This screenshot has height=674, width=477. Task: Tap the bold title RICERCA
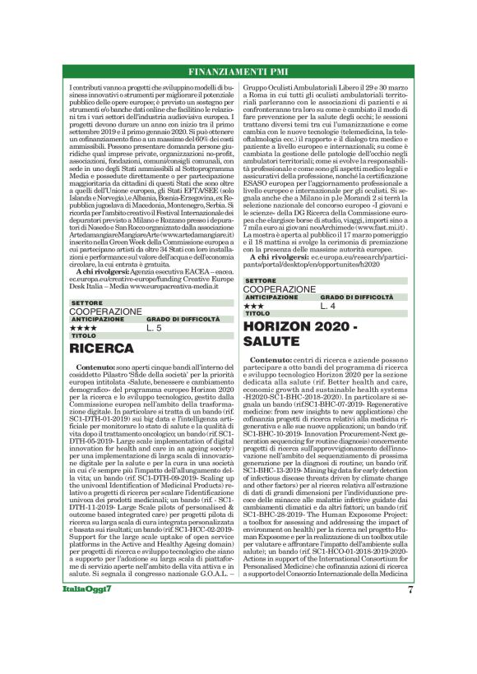(x=102, y=347)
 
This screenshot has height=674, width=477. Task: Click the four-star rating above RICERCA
(x=83, y=327)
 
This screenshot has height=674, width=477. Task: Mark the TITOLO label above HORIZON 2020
(x=257, y=313)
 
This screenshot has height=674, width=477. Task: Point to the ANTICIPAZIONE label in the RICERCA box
(x=97, y=319)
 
